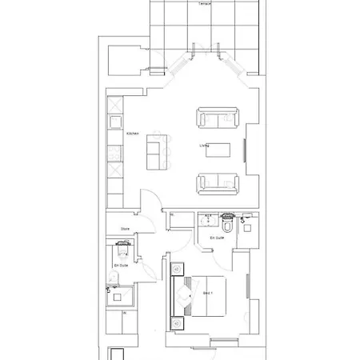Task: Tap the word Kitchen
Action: [132, 134]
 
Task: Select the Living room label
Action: [205, 146]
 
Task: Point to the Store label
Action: [125, 228]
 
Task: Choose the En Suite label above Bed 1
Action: [216, 238]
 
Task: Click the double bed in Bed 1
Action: [206, 304]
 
